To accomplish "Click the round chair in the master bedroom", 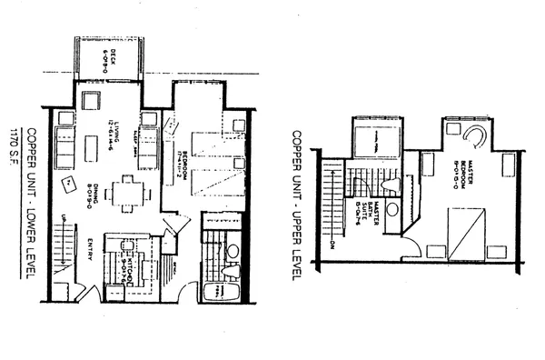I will coord(473,136).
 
